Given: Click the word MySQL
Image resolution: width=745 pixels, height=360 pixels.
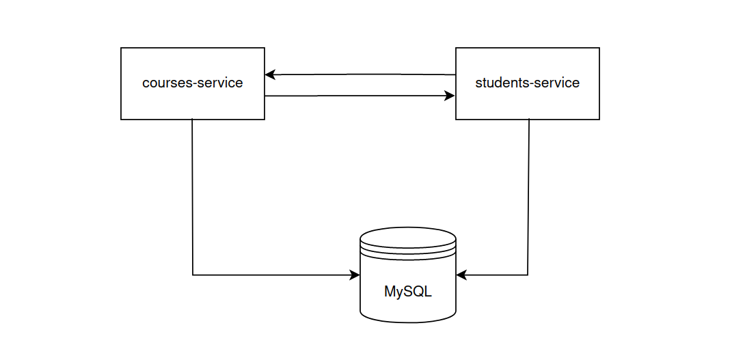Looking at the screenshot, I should click(408, 292).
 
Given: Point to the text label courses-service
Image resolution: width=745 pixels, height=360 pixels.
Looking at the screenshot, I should click(192, 83).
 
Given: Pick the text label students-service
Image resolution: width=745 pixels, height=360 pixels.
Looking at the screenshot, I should click(527, 83).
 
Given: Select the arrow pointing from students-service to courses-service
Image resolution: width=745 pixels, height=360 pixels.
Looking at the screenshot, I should click(360, 74).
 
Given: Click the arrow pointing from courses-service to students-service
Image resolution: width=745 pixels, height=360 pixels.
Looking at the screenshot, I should click(360, 96).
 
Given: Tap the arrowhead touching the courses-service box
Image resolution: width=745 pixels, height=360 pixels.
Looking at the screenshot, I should click(270, 74).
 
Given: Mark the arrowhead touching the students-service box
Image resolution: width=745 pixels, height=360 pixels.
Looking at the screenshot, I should click(450, 96).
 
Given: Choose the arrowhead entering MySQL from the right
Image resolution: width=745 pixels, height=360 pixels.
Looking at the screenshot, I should click(461, 275).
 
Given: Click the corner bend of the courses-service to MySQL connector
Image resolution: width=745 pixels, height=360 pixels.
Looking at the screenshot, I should click(193, 275).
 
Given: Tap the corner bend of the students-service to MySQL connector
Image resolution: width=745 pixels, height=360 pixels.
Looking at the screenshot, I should click(528, 275).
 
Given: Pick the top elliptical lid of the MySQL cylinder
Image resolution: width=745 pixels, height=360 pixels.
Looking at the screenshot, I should click(408, 239).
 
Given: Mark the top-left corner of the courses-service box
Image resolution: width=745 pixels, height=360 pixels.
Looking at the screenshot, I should click(121, 48).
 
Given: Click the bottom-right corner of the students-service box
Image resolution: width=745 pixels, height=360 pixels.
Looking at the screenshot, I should click(599, 120).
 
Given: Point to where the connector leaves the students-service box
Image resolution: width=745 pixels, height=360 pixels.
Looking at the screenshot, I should click(529, 120).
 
